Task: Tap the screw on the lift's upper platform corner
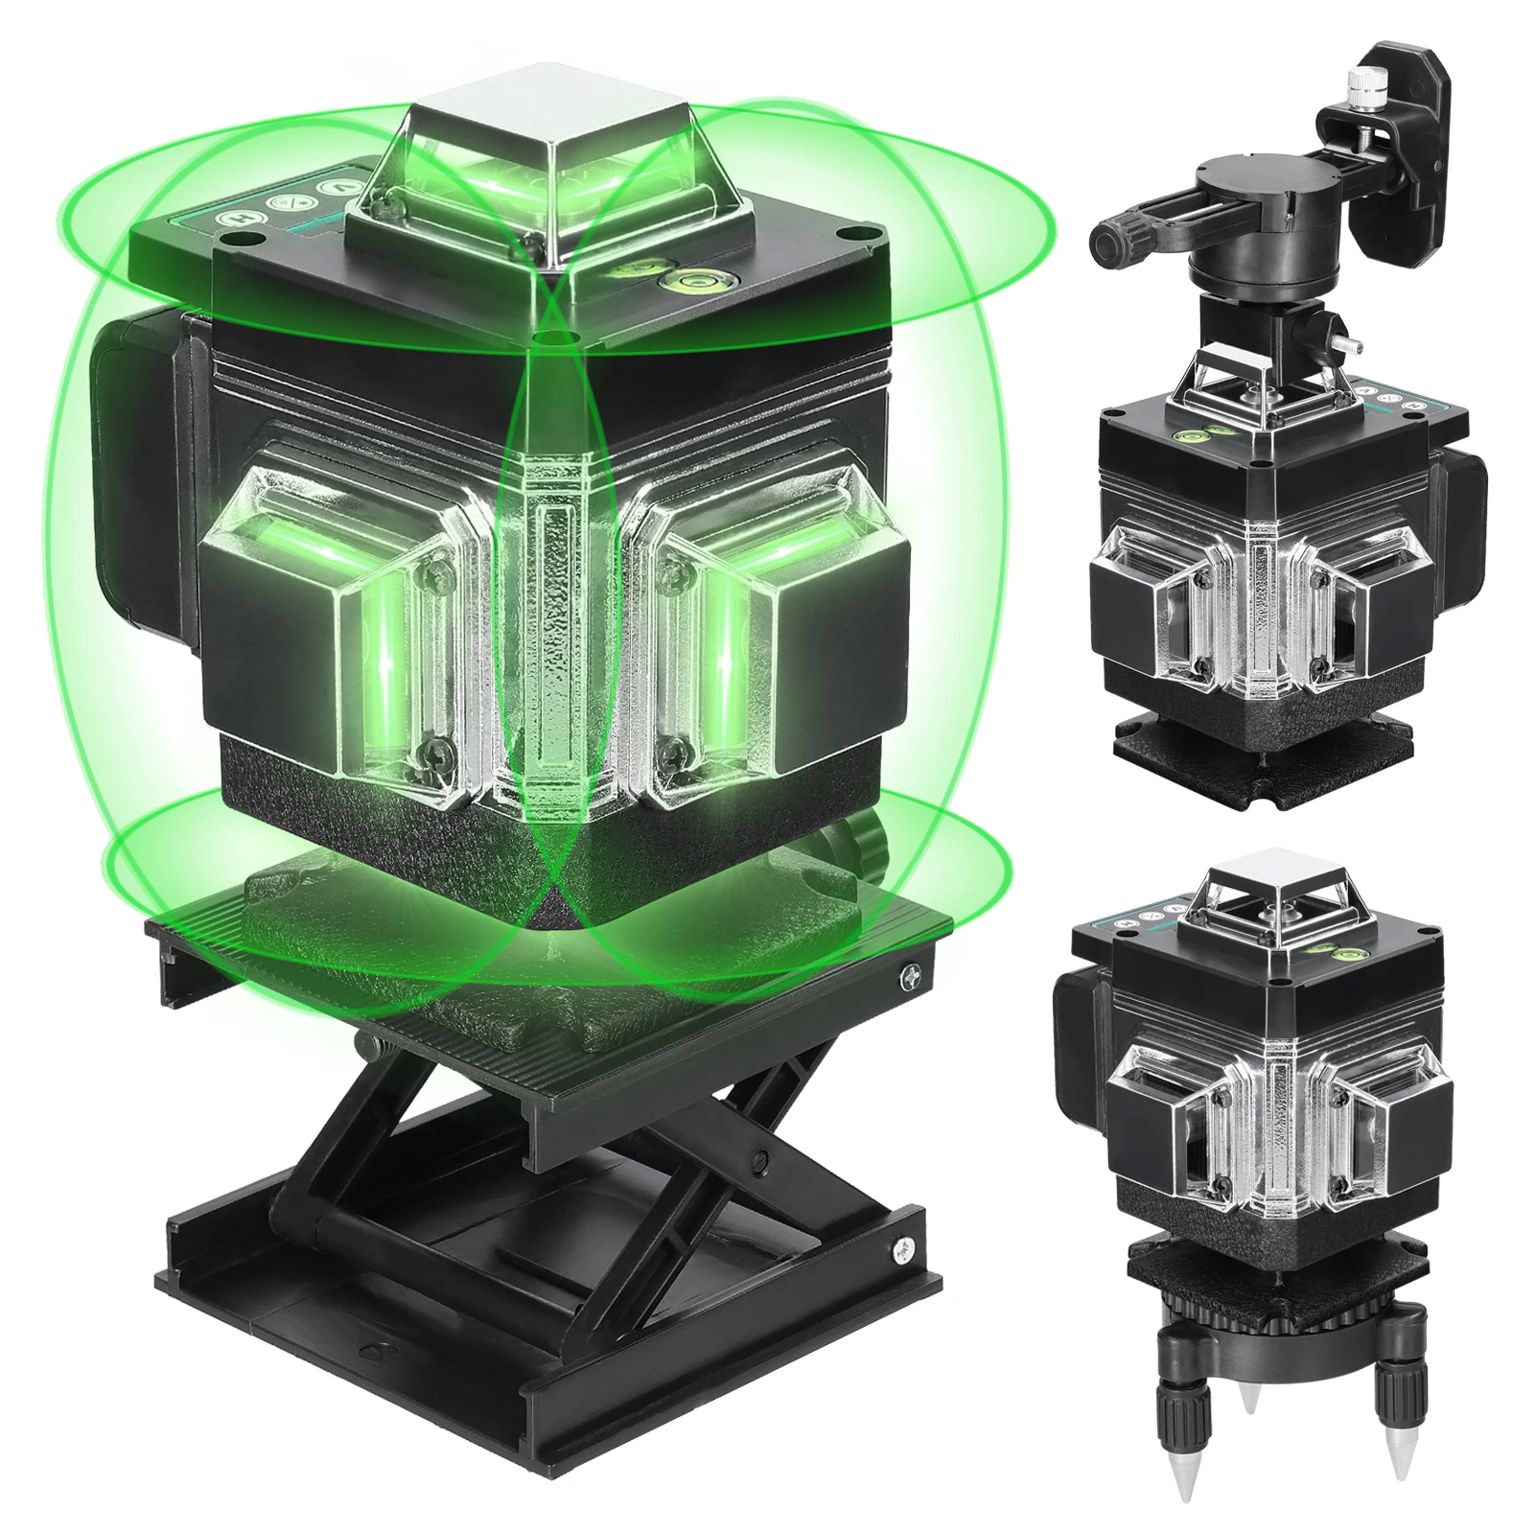click(x=908, y=977)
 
